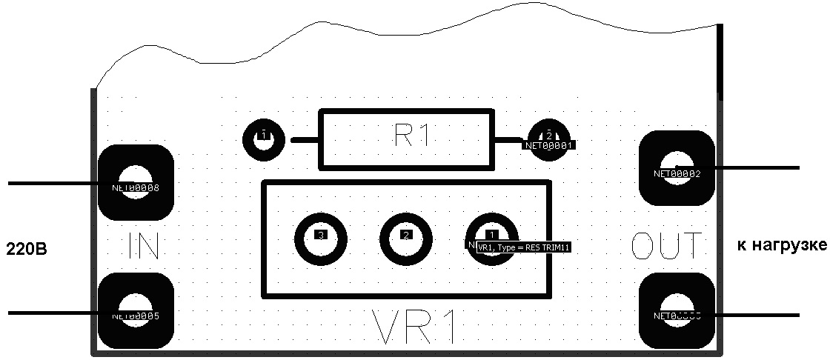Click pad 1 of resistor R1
click(262, 137)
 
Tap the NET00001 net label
click(550, 146)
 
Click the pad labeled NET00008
click(136, 182)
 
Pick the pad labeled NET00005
click(136, 310)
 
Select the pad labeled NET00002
click(677, 168)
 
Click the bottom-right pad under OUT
click(677, 310)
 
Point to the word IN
click(144, 245)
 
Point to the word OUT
click(666, 245)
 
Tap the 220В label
click(27, 247)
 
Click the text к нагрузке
click(782, 245)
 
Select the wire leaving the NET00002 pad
click(756, 168)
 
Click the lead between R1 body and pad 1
click(305, 139)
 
